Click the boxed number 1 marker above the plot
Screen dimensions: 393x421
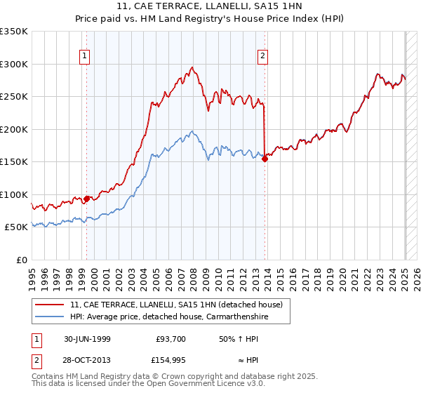[x=84, y=57]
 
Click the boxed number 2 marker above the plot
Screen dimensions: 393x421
[x=262, y=57]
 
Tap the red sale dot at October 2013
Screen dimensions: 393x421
[x=265, y=159]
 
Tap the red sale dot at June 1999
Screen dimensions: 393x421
[x=87, y=199]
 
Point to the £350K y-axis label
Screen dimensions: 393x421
[x=14, y=32]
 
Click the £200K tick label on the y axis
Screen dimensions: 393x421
[x=14, y=129]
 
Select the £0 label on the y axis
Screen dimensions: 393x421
[x=22, y=260]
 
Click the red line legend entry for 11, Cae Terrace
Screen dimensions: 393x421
[x=175, y=305]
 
